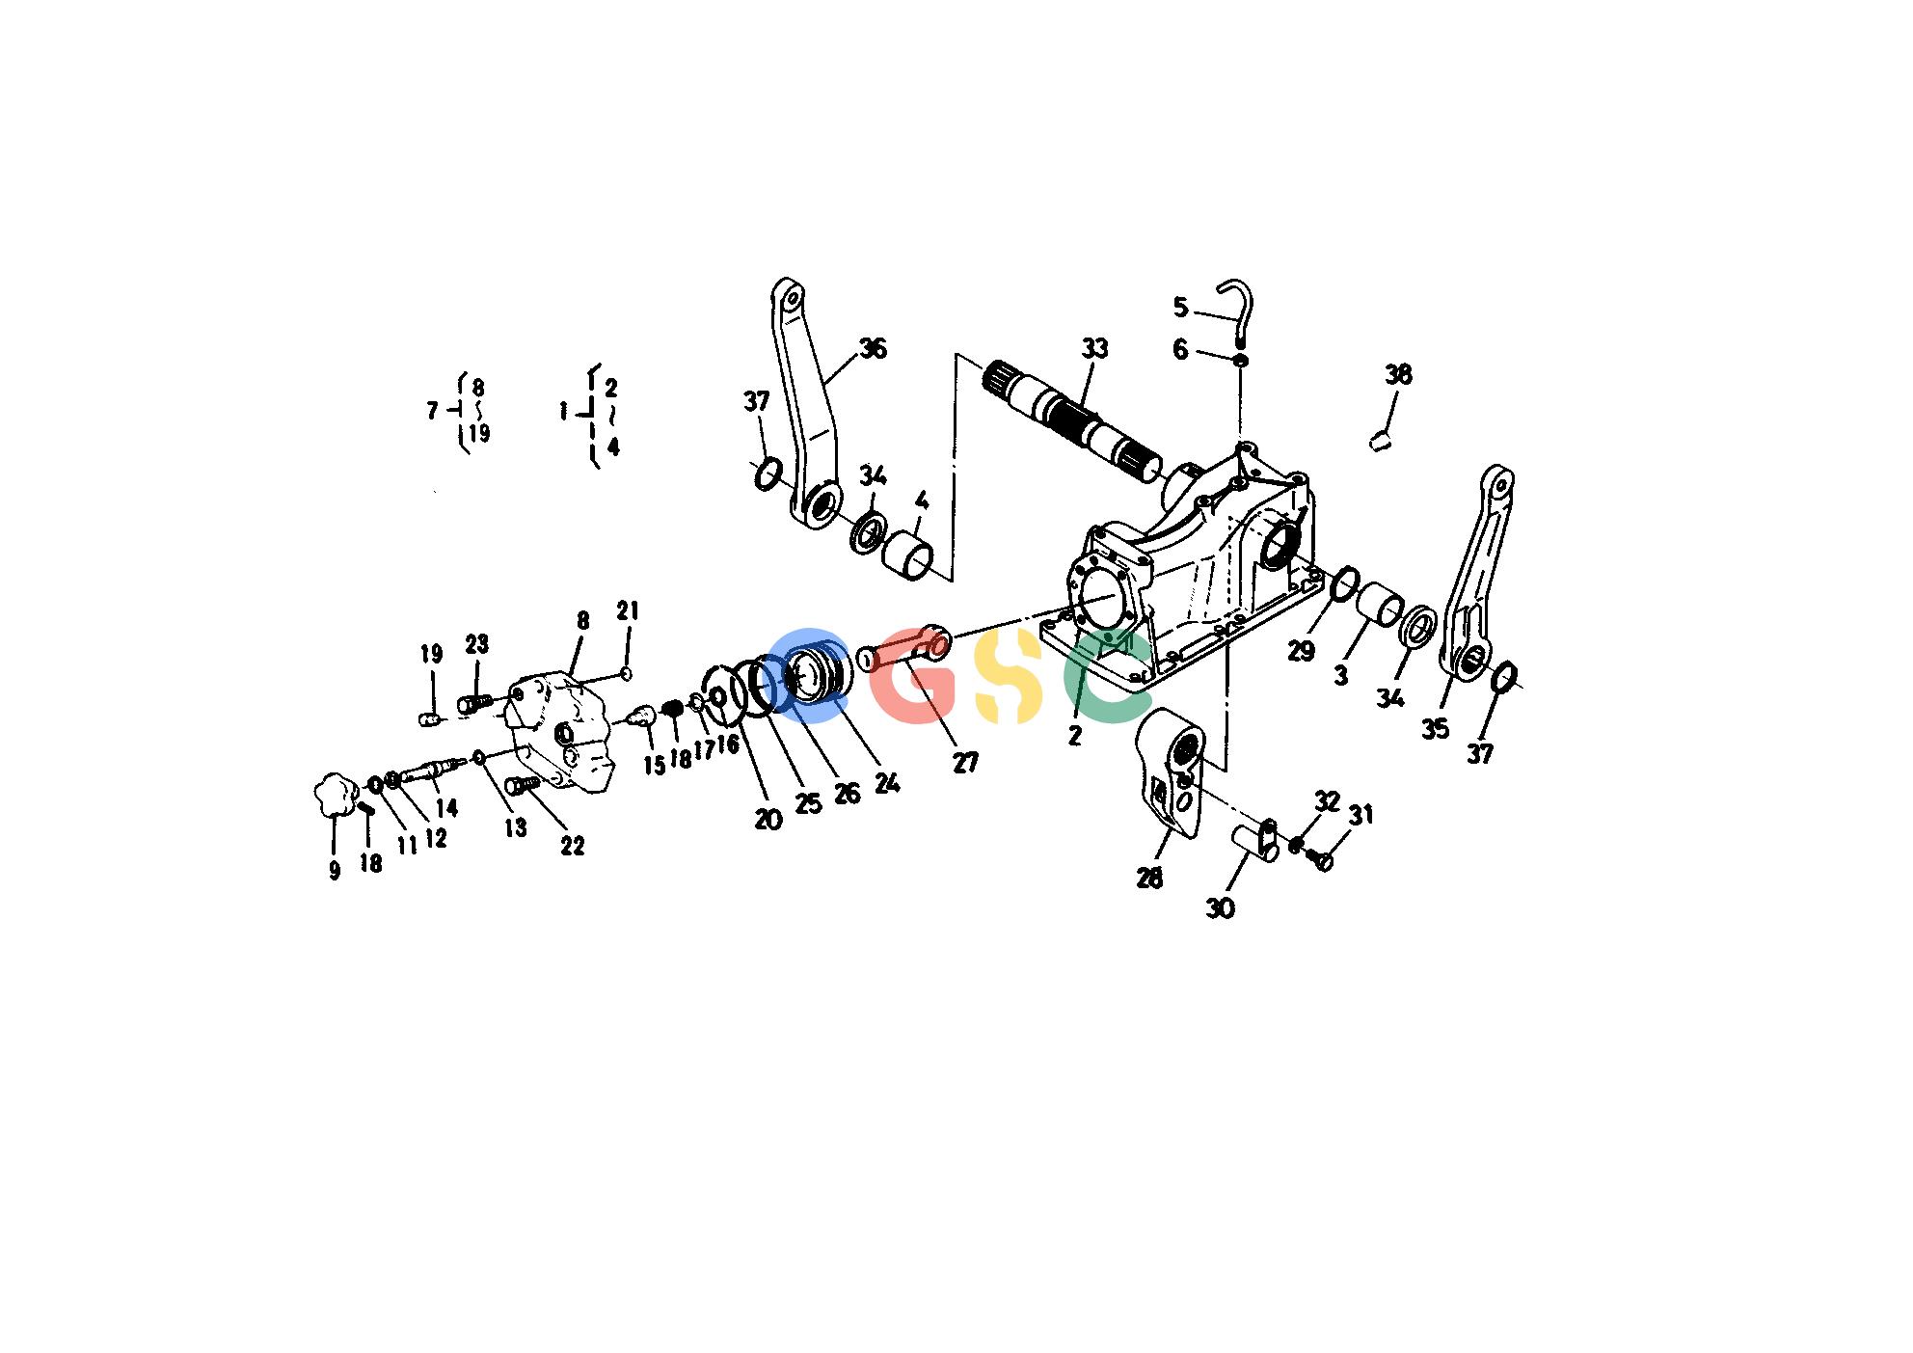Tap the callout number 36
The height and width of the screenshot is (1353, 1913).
pyautogui.click(x=873, y=348)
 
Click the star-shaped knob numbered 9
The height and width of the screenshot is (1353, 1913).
pyautogui.click(x=334, y=794)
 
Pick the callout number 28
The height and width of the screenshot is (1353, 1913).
pyautogui.click(x=1149, y=879)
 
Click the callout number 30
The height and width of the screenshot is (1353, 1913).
pyautogui.click(x=1221, y=908)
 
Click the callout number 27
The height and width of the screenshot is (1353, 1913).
pyautogui.click(x=966, y=763)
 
